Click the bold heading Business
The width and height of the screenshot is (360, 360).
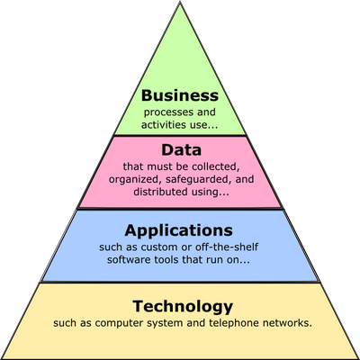(x=180, y=95)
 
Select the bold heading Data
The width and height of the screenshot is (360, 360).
(x=181, y=149)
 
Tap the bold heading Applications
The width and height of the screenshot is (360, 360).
(x=179, y=231)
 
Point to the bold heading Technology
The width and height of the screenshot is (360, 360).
(x=183, y=307)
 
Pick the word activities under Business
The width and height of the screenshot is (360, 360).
(x=164, y=124)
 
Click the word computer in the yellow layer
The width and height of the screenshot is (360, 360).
(x=120, y=323)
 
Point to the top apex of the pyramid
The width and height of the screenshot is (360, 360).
(x=180, y=2)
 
